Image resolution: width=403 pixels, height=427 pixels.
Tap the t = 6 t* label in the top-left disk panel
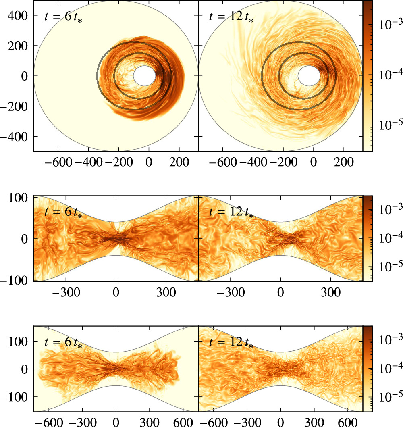[x=64, y=17]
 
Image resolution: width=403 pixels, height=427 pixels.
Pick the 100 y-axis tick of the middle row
[x=19, y=197]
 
